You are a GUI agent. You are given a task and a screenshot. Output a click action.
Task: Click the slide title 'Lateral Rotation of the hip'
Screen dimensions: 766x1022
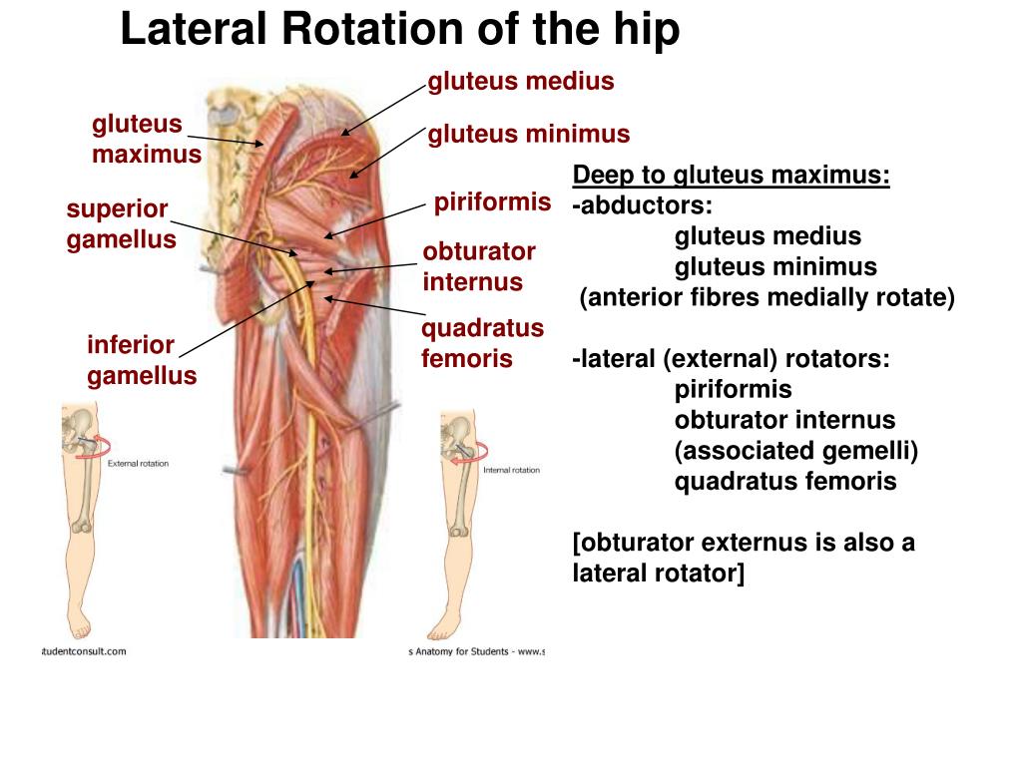[399, 30]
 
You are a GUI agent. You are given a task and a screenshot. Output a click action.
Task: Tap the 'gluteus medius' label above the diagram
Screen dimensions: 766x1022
[520, 82]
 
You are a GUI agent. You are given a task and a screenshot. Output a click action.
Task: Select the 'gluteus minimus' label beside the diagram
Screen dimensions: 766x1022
[529, 134]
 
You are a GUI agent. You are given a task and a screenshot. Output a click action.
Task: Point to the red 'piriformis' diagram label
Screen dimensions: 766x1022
[492, 203]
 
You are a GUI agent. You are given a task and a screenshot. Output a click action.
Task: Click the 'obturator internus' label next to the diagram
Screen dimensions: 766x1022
[479, 266]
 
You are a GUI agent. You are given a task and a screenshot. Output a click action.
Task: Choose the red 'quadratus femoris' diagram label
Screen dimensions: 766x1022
[482, 343]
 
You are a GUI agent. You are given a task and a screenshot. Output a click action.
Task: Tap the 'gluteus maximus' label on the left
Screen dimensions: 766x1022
[146, 140]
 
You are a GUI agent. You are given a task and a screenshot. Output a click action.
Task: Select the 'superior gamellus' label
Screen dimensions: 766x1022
[121, 224]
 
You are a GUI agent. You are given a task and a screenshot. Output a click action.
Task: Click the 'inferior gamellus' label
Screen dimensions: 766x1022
[141, 361]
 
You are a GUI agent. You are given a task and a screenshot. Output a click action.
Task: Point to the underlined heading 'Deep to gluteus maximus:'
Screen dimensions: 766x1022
[732, 177]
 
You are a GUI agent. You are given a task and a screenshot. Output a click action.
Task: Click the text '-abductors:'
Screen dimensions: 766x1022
[643, 206]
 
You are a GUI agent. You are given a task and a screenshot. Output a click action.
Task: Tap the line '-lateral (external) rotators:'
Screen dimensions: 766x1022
[731, 358]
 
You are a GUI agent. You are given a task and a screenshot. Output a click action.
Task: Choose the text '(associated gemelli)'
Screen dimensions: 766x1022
[795, 451]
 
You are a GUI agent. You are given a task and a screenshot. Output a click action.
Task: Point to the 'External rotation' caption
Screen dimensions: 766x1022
[138, 464]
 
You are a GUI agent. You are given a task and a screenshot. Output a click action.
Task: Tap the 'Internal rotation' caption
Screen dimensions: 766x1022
[511, 469]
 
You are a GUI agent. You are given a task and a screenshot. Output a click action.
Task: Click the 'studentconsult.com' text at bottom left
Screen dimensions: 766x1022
[84, 651]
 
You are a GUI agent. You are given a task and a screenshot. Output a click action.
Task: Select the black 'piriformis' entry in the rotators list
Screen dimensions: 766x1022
[733, 389]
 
